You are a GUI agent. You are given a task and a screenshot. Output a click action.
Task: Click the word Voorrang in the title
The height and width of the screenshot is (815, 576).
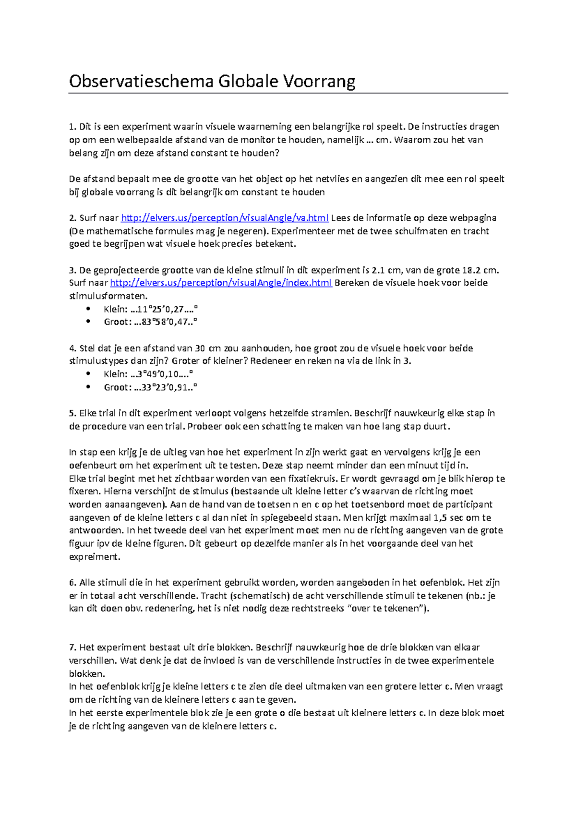[319, 81]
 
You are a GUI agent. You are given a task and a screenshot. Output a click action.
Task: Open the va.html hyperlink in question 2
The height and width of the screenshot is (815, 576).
[224, 218]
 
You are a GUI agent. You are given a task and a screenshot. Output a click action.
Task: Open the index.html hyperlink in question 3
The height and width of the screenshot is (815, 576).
[221, 283]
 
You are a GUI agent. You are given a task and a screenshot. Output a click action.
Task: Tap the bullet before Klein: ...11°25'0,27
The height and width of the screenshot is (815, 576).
[88, 309]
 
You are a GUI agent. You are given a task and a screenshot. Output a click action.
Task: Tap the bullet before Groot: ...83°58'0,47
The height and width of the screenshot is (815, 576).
[88, 322]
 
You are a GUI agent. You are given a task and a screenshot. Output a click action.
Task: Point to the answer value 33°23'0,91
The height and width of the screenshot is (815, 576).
[163, 387]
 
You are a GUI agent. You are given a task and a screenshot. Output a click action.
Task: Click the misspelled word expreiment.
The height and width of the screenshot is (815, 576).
[95, 557]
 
